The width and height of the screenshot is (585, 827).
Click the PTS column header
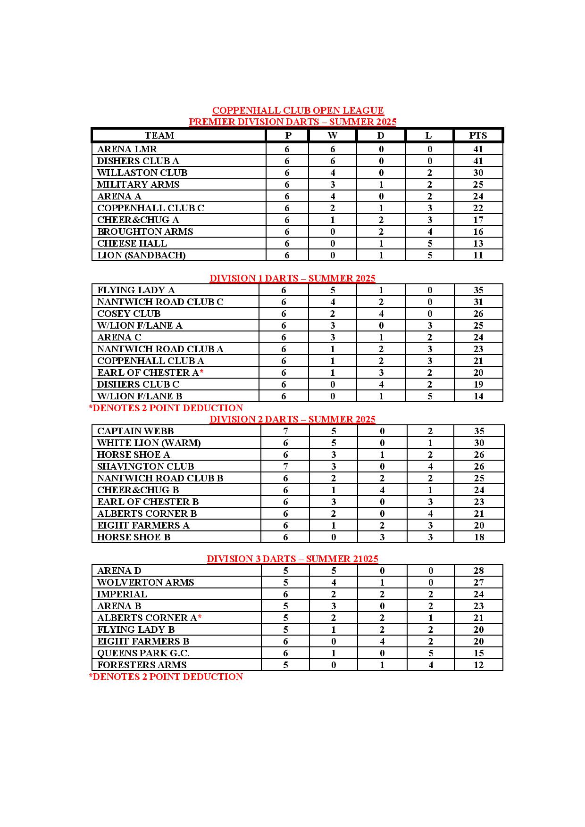pos(478,135)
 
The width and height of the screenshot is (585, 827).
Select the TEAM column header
pos(159,135)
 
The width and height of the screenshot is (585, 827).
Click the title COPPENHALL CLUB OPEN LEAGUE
pos(298,110)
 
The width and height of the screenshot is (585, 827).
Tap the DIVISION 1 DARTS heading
pos(292,278)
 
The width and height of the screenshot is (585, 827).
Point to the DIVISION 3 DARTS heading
pos(292,559)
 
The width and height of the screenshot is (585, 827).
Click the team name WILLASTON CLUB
pos(142,173)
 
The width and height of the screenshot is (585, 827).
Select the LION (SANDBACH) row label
pos(141,255)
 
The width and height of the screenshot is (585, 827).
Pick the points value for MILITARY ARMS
pos(478,184)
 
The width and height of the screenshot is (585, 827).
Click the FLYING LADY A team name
pos(136,290)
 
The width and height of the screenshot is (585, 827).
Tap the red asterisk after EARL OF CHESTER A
pos(201,372)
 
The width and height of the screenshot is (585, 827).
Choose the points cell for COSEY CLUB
pos(478,314)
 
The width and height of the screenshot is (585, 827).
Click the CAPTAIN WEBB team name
pos(135,431)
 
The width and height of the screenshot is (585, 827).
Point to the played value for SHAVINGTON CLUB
pos(285,466)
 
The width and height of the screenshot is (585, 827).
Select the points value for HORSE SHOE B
pos(479,537)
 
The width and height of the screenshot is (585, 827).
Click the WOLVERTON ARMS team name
pos(145,582)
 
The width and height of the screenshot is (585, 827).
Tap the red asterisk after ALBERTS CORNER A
pos(200,618)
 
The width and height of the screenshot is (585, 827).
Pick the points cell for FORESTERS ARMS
pos(478,665)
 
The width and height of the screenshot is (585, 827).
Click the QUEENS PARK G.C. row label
pos(143,653)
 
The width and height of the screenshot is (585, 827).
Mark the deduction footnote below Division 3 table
pos(166,677)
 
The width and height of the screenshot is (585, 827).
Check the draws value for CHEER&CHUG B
pos(382,490)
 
